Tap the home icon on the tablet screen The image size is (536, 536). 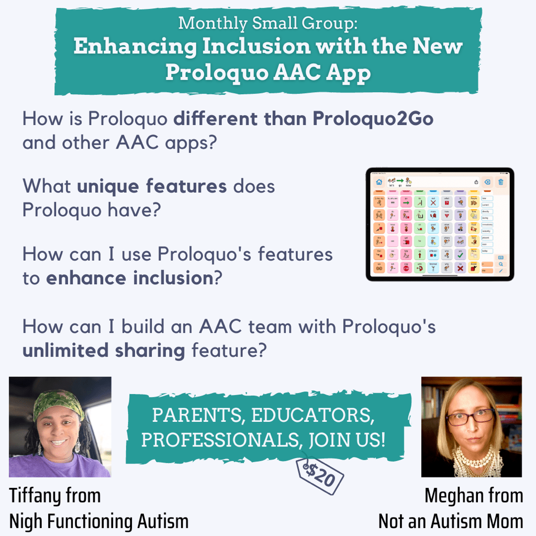point(378,182)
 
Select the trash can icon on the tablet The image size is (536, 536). point(501,182)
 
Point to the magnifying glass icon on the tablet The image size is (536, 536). point(501,264)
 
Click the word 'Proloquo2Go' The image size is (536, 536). point(373,118)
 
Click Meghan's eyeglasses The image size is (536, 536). point(470,416)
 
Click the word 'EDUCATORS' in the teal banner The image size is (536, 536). point(312,416)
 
